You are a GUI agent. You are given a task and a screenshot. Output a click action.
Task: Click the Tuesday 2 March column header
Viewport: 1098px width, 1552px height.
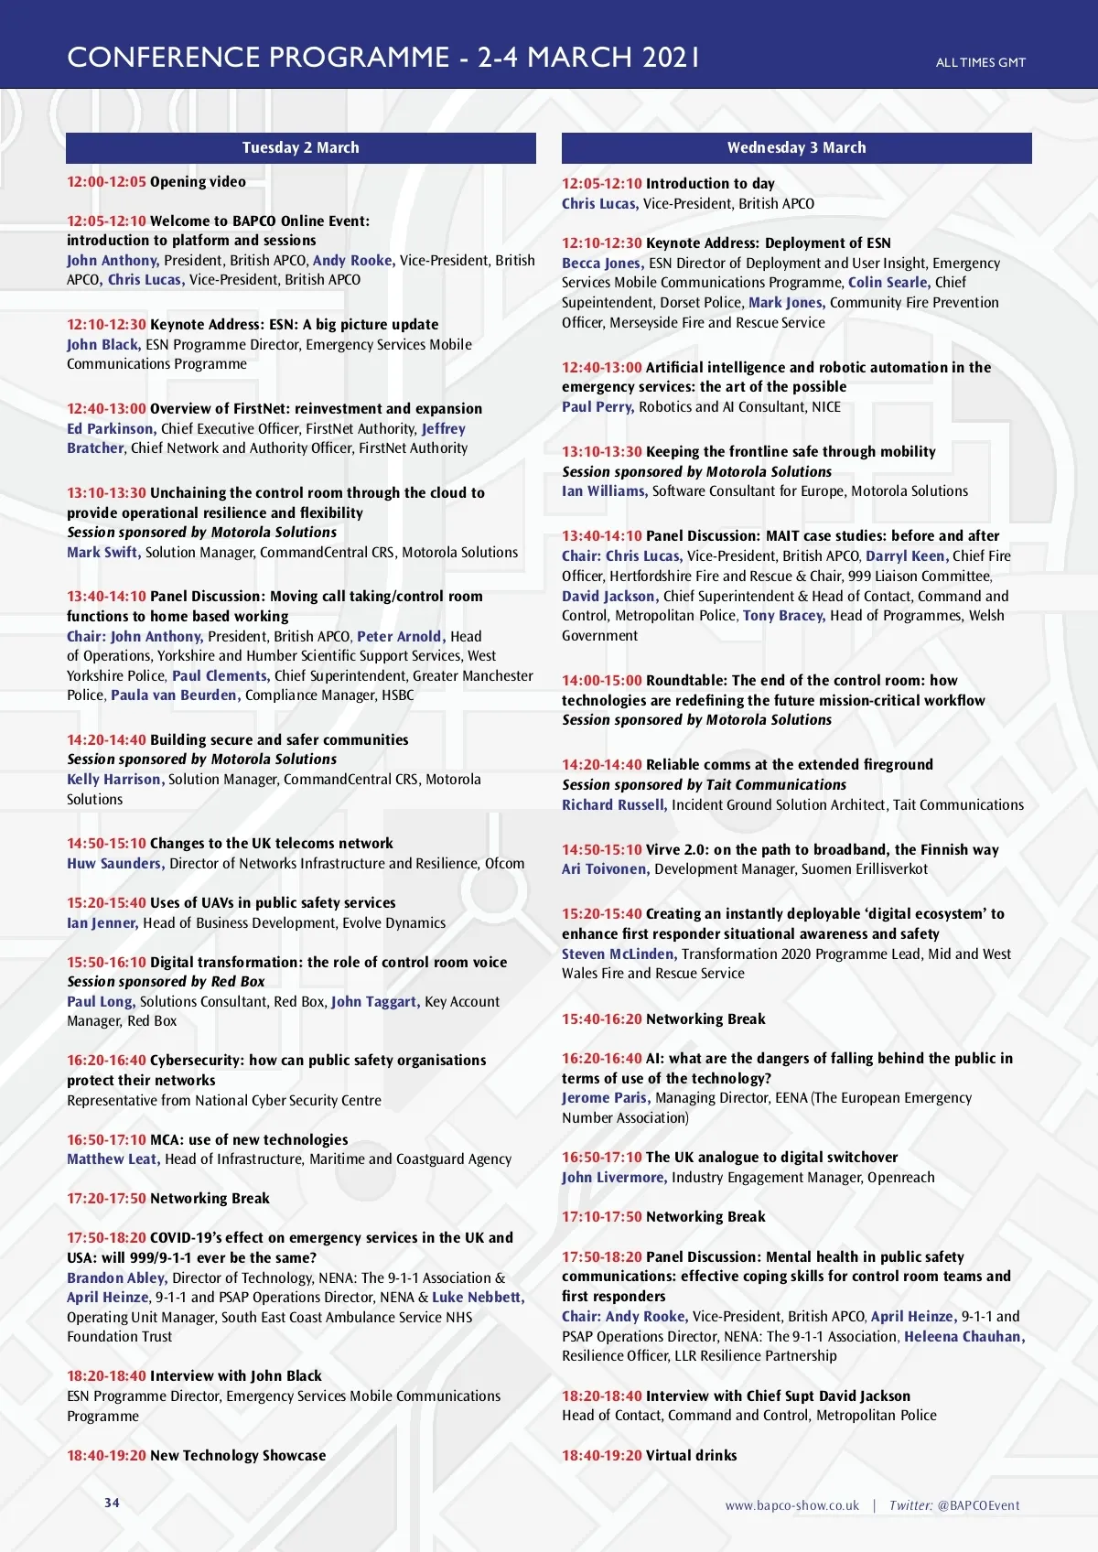(x=300, y=148)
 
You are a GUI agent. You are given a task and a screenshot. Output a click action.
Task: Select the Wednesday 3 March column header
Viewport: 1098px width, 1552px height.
(x=796, y=148)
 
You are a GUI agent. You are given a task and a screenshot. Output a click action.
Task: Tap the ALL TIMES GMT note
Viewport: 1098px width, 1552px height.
(x=980, y=63)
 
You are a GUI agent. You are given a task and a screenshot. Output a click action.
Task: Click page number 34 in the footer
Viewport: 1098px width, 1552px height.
(x=112, y=1503)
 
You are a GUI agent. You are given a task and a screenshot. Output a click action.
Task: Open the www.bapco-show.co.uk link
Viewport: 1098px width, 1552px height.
(x=791, y=1505)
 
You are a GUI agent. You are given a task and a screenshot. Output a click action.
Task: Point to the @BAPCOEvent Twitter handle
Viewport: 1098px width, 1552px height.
(x=978, y=1505)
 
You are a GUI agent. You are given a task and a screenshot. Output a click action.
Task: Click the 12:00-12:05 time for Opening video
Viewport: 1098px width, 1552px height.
(x=106, y=182)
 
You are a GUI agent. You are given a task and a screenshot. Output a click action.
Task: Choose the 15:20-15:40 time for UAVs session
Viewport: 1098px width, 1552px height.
(x=106, y=903)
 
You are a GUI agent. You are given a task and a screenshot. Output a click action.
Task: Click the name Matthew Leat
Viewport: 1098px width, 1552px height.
(x=113, y=1159)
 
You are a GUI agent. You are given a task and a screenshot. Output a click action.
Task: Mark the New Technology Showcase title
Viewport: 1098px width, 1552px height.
(x=237, y=1456)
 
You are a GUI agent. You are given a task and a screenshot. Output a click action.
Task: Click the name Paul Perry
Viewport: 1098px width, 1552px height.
(x=597, y=407)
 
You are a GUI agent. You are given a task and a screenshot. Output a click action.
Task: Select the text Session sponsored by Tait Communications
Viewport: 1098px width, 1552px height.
(x=704, y=785)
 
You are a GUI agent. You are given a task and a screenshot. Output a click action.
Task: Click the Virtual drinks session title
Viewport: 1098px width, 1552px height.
(x=691, y=1456)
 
